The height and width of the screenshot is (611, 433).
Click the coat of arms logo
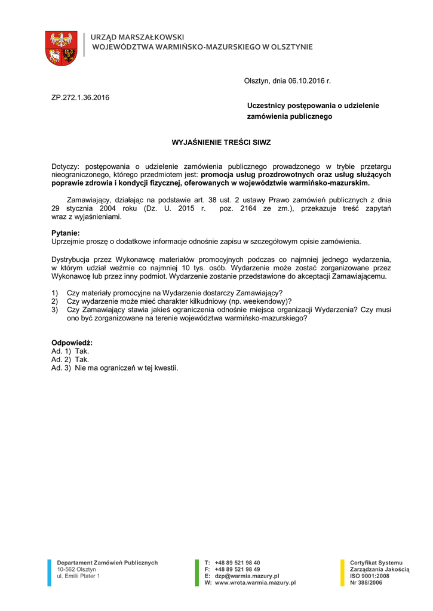(x=62, y=48)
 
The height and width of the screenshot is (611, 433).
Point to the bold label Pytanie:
(x=66, y=233)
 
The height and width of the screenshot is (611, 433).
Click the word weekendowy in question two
(x=260, y=301)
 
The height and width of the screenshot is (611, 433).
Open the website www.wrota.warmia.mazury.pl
(x=255, y=582)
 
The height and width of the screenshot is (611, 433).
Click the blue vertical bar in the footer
(x=50, y=573)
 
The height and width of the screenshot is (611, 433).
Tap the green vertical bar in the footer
(x=197, y=573)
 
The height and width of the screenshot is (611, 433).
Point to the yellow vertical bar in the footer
(x=342, y=573)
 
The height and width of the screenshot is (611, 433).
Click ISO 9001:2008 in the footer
(x=369, y=576)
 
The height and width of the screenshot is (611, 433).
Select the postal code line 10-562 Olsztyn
(x=72, y=569)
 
